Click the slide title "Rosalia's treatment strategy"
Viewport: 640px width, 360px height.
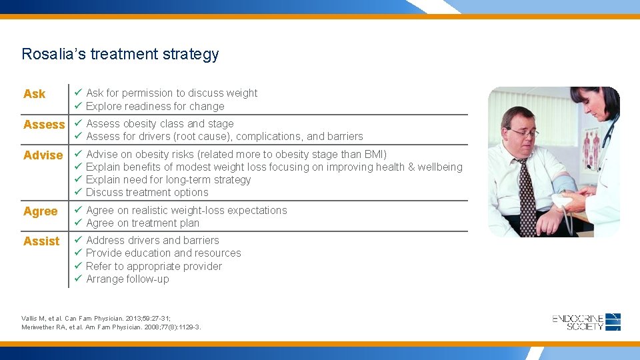click(x=120, y=54)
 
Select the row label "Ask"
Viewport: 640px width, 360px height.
click(x=34, y=94)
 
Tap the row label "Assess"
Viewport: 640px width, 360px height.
click(x=44, y=125)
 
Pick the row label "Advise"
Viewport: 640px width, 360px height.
click(x=43, y=155)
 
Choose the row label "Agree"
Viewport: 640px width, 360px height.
click(x=40, y=211)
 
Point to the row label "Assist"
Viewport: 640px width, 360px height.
click(x=41, y=241)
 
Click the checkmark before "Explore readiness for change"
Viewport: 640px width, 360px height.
click(x=77, y=106)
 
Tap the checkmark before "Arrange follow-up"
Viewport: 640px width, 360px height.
click(x=77, y=279)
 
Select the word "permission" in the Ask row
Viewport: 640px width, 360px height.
click(x=151, y=93)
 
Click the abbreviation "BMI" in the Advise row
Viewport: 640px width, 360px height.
click(x=373, y=155)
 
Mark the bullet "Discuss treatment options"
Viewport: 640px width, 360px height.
click(x=147, y=193)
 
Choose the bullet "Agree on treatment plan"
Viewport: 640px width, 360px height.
click(x=143, y=223)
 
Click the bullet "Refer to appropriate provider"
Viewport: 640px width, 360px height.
click(x=154, y=266)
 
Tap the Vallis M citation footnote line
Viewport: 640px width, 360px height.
click(x=96, y=319)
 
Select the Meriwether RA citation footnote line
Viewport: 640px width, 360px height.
click(x=111, y=327)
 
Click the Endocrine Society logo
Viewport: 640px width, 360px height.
click(x=586, y=322)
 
